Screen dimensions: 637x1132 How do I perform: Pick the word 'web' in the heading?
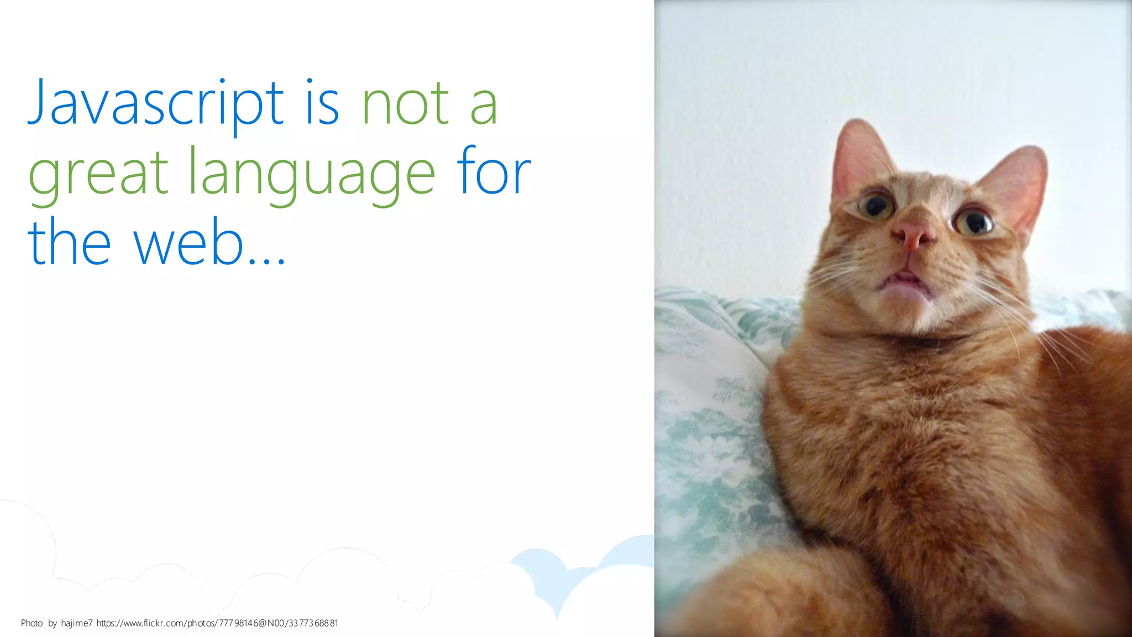tap(188, 242)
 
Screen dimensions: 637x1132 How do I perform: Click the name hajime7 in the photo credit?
tap(77, 623)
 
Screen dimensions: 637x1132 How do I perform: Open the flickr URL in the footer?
tap(217, 623)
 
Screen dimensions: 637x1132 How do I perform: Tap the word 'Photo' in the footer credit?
tap(32, 623)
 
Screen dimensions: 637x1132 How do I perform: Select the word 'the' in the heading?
tap(69, 242)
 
